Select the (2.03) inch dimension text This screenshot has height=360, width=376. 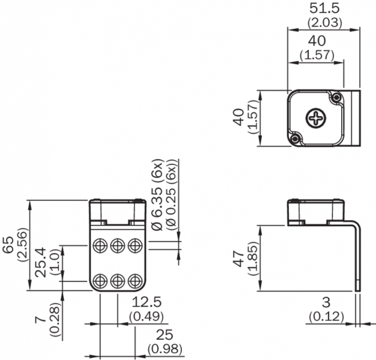324,23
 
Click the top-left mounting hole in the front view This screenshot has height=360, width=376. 100,244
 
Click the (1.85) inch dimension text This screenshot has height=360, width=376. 253,258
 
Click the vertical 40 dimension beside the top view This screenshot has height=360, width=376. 239,118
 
